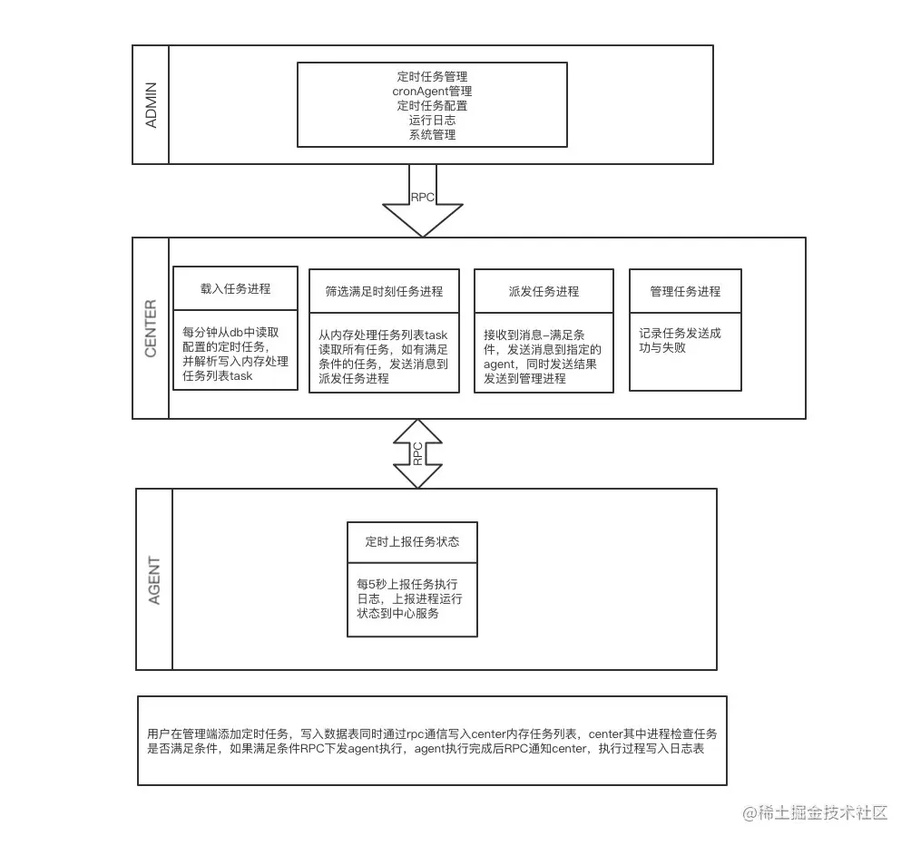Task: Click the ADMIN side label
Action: [151, 104]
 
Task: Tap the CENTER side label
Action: [151, 328]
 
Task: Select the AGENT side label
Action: [154, 580]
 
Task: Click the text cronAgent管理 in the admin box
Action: [432, 92]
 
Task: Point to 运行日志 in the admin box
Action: [432, 121]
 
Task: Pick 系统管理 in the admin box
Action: [432, 135]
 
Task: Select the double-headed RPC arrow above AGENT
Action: [417, 454]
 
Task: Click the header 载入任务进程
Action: [235, 289]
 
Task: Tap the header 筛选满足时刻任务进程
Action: [384, 291]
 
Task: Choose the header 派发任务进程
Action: [544, 291]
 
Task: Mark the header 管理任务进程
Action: [685, 291]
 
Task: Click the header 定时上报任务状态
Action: [412, 541]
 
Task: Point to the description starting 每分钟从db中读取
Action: [234, 354]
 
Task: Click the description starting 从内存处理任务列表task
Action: [384, 356]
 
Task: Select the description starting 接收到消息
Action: [544, 356]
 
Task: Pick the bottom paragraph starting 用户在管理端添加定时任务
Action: [432, 741]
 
